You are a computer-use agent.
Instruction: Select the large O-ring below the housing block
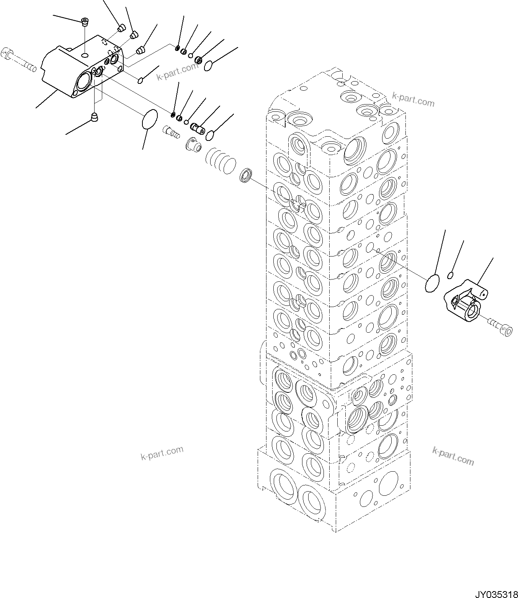(x=149, y=119)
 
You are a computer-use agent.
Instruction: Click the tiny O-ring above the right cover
(x=451, y=274)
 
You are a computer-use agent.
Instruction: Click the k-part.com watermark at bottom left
(x=162, y=453)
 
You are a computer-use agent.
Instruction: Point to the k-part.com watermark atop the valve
(x=413, y=99)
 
